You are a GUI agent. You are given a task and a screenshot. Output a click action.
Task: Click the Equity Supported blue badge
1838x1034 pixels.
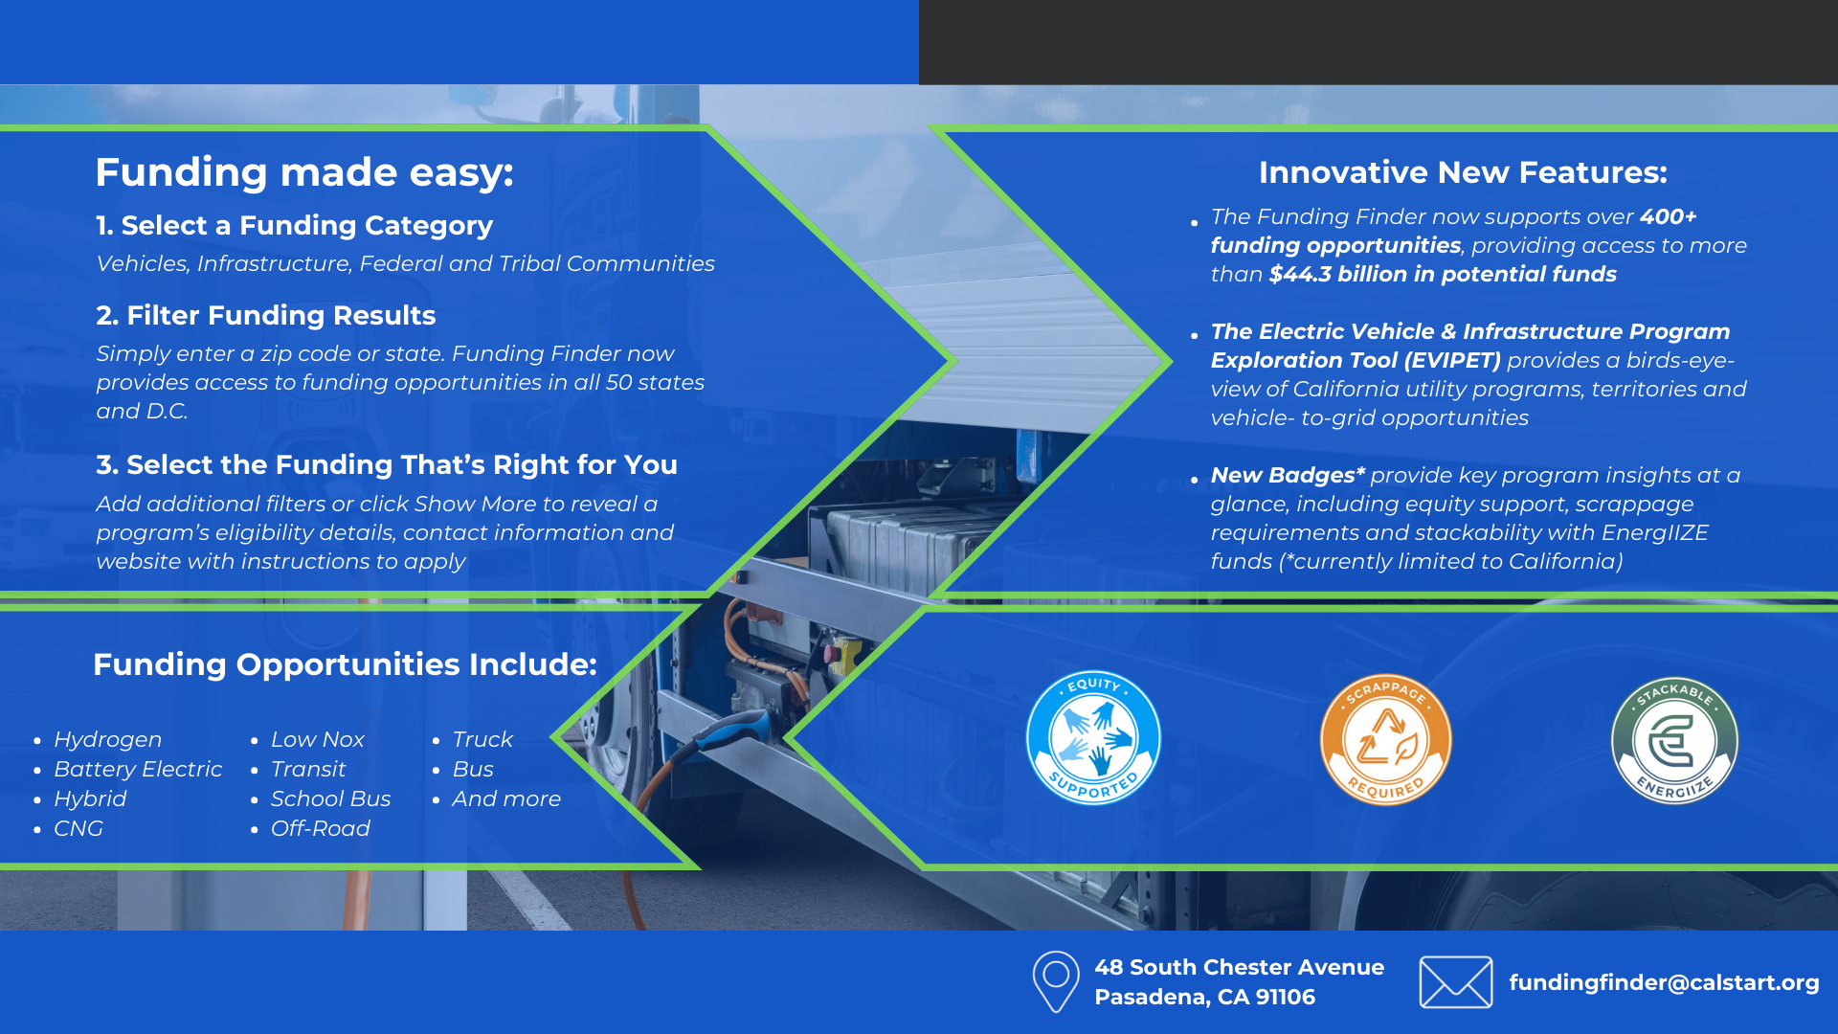pyautogui.click(x=1093, y=737)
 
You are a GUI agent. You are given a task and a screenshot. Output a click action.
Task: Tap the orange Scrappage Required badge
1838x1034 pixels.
pyautogui.click(x=1385, y=740)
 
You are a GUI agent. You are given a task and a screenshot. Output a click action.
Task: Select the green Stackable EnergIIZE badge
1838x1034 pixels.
pyautogui.click(x=1674, y=741)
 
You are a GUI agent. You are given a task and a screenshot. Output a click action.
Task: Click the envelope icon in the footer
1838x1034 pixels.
pyautogui.click(x=1455, y=982)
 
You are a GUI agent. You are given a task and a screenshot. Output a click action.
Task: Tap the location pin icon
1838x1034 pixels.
pyautogui.click(x=1056, y=981)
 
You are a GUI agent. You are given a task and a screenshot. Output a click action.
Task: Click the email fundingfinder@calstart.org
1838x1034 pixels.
pyautogui.click(x=1664, y=982)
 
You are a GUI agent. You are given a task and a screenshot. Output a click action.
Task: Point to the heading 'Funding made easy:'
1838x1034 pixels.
pyautogui.click(x=304, y=172)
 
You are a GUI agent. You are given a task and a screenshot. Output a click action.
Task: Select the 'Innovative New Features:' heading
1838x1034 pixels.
pyautogui.click(x=1463, y=172)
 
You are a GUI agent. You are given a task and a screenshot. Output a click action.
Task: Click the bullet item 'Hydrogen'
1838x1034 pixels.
pyautogui.click(x=107, y=739)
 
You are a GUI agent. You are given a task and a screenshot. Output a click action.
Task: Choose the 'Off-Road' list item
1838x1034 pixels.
pyautogui.click(x=320, y=828)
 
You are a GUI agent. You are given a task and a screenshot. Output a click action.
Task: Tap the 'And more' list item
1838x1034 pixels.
pyautogui.click(x=506, y=798)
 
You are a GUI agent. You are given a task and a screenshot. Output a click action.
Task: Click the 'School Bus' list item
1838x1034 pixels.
pyautogui.click(x=330, y=798)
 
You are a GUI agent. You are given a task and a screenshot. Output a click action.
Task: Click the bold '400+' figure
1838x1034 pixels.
pyautogui.click(x=1668, y=216)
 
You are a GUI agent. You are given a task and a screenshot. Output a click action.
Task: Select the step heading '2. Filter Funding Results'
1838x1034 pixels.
pyautogui.click(x=265, y=315)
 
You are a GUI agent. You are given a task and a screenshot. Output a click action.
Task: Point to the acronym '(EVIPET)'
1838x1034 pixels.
pyautogui.click(x=1452, y=360)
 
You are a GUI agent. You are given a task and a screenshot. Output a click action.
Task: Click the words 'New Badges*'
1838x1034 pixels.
pyautogui.click(x=1288, y=475)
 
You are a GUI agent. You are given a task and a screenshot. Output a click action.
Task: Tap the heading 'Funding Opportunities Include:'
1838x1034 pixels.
pyautogui.click(x=345, y=664)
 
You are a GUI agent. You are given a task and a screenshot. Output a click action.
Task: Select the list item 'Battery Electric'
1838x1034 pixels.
pyautogui.click(x=138, y=769)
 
